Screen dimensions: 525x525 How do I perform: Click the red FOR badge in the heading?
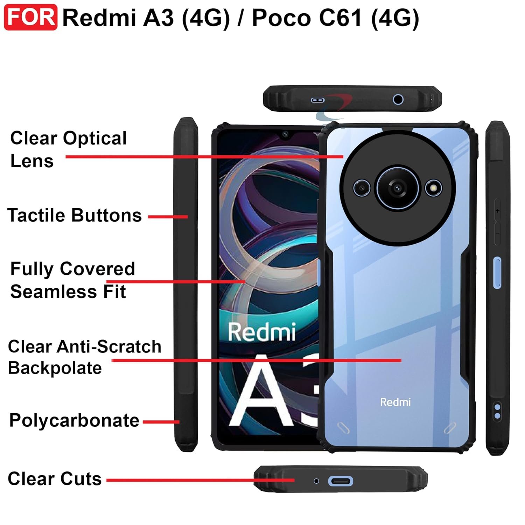[x=30, y=17]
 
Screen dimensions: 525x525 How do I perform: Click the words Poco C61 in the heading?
[x=307, y=17]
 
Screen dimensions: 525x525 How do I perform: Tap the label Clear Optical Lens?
[x=68, y=149]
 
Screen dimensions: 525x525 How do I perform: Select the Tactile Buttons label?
[x=75, y=215]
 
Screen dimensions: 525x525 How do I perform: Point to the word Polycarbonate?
[x=74, y=420]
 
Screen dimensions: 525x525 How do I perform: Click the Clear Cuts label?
[x=55, y=478]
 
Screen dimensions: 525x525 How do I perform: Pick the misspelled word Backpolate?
[x=55, y=368]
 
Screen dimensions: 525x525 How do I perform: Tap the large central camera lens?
[x=397, y=188]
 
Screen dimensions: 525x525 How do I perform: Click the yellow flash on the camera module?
[x=434, y=188]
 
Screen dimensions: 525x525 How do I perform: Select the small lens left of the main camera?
[x=362, y=188]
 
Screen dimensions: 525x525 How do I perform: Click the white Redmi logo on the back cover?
[x=395, y=402]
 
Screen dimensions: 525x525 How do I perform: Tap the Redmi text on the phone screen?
[x=261, y=332]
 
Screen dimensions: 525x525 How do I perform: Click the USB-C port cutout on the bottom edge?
[x=340, y=481]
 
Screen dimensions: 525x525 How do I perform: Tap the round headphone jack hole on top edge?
[x=398, y=99]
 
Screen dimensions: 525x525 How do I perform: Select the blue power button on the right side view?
[x=497, y=273]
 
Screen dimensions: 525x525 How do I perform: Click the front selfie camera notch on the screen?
[x=285, y=134]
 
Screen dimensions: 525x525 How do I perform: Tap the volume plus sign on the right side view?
[x=497, y=211]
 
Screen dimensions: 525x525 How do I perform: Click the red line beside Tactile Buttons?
[x=168, y=217]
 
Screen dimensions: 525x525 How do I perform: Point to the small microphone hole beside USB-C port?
[x=316, y=481]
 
